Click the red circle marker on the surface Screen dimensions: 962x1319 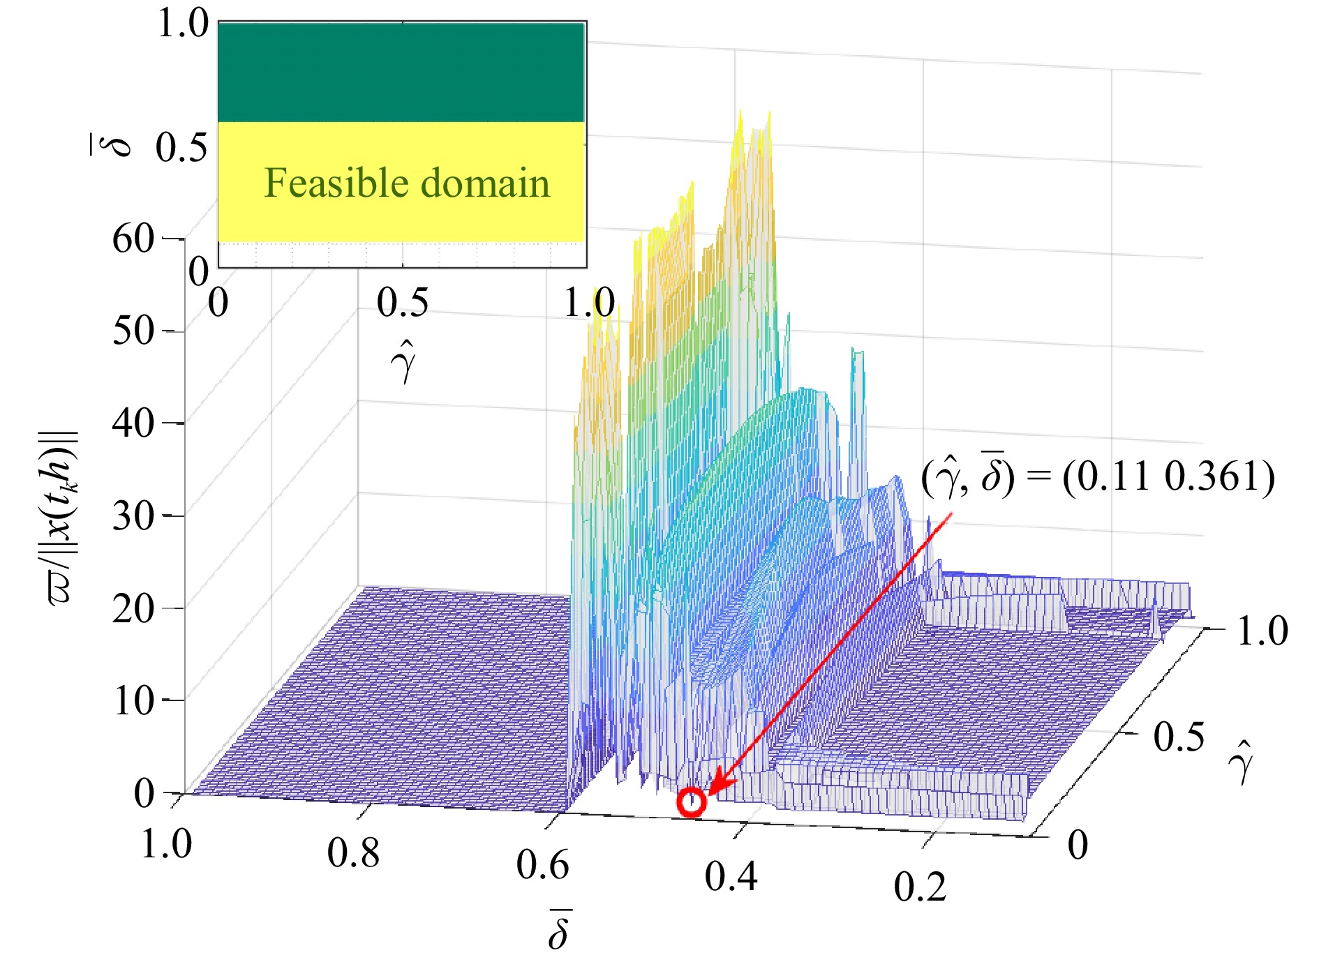pos(691,802)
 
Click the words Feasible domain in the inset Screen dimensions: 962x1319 pos(407,183)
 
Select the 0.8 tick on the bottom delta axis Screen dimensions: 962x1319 pos(354,852)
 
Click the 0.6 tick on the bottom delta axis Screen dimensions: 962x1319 pos(543,865)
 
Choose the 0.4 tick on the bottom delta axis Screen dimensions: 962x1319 pos(731,876)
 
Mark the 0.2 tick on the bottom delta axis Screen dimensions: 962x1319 pos(920,887)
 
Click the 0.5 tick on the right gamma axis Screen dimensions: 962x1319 pos(1179,737)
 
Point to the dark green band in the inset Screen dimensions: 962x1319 pos(401,73)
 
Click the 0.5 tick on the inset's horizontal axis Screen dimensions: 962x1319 pos(403,303)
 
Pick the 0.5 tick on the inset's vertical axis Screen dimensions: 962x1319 pos(181,148)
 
